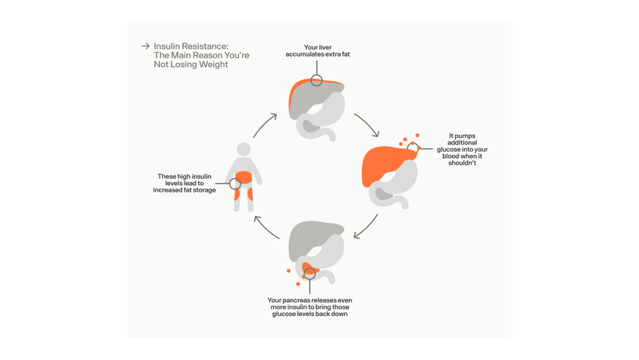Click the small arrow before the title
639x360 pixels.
point(145,46)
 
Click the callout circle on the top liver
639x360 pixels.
point(317,81)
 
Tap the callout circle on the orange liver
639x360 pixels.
point(412,148)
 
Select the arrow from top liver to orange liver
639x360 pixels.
point(366,124)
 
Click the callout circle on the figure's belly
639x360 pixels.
point(235,184)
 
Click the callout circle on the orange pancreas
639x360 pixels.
point(310,276)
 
